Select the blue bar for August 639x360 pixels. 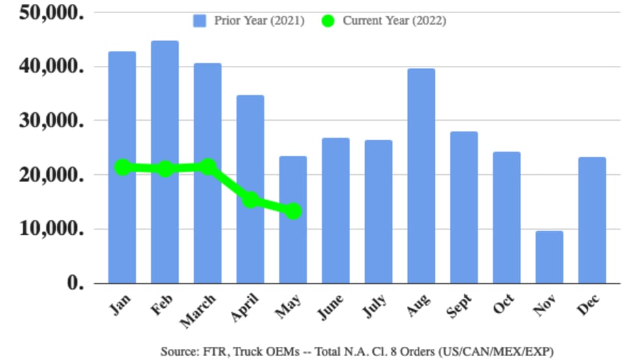421,176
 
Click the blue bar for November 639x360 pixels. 550,257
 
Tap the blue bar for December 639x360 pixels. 592,220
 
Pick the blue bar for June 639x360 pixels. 336,211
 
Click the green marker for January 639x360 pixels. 122,168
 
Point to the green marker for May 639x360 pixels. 293,211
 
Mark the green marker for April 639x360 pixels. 251,200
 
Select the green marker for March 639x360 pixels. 208,167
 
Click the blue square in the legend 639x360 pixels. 200,21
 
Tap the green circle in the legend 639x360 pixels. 328,21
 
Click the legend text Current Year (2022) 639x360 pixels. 394,21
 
